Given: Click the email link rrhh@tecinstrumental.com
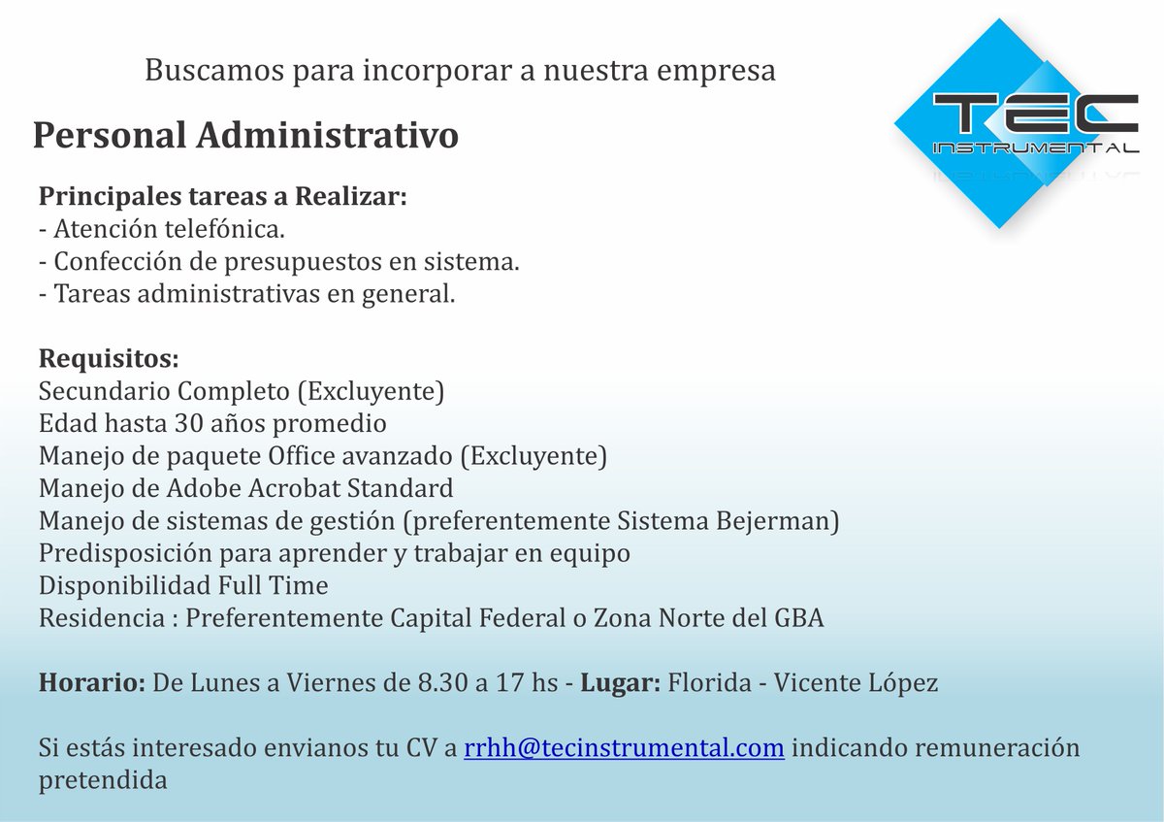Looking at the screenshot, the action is tap(624, 747).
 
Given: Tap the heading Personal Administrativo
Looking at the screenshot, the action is tap(245, 135).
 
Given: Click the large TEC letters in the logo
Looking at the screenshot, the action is tap(1035, 114).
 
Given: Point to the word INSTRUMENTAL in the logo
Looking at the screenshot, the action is tap(1036, 148).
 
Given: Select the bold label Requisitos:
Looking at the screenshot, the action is tap(109, 359).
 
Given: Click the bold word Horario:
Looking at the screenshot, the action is tap(92, 682).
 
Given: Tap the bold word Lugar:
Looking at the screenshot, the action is tap(621, 683).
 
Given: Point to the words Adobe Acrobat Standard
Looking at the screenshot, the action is tap(309, 488).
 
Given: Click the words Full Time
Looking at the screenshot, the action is tap(273, 585).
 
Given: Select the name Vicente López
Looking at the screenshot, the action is tap(856, 683).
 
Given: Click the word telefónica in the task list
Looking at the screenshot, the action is tap(224, 229).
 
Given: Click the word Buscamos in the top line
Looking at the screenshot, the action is tap(214, 70).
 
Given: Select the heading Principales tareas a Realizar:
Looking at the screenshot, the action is tap(223, 197).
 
